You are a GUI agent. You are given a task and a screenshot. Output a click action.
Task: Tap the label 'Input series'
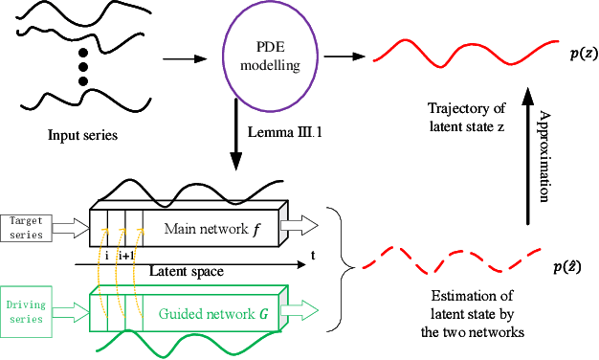point(83,134)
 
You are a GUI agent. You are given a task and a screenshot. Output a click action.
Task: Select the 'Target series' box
point(25,229)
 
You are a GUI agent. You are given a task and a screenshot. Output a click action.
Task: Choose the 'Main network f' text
point(210,228)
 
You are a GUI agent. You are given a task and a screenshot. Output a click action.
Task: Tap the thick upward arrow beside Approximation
point(526,144)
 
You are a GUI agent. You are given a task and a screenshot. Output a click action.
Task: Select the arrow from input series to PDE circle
point(186,59)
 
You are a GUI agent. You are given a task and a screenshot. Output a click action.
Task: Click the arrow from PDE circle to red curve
point(340,56)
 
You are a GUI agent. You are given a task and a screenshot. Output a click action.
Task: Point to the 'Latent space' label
point(187,272)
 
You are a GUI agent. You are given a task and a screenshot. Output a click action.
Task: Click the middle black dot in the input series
point(82,67)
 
